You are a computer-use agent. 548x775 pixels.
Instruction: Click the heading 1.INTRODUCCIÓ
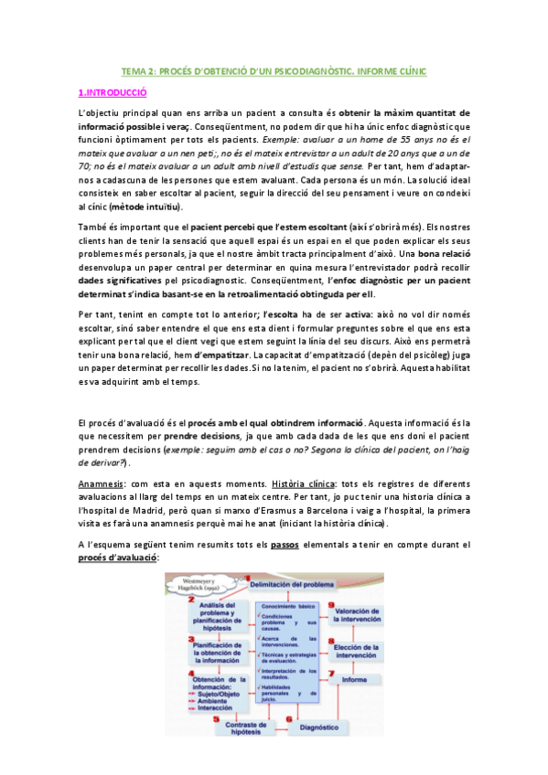click(113, 92)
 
